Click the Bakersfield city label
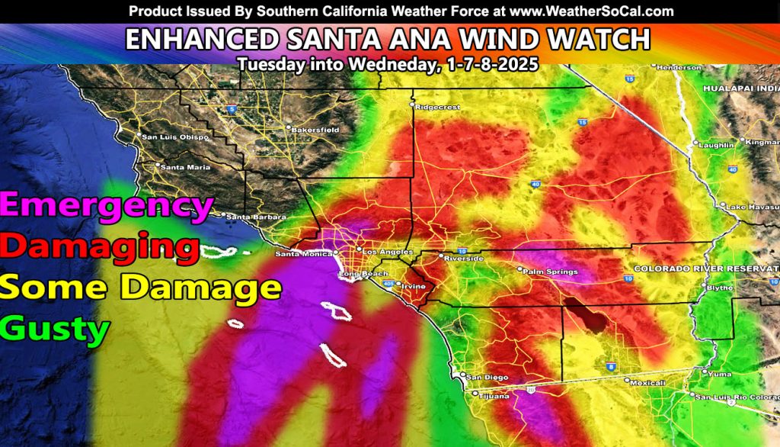tap(316, 130)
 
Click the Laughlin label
tap(717, 145)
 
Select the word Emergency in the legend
tap(107, 205)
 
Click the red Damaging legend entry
tap(101, 246)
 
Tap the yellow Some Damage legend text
tap(141, 288)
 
